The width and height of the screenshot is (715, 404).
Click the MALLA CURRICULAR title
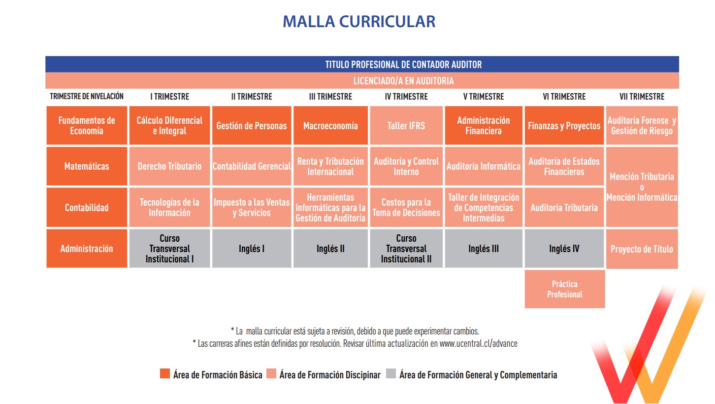coord(359,22)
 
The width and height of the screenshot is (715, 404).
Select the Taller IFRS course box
coord(406,125)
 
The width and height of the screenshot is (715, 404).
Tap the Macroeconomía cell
coord(330,125)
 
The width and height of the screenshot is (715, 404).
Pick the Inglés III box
coord(484,248)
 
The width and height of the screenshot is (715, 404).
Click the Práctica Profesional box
coord(565,289)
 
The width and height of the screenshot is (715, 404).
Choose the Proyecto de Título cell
coord(642,249)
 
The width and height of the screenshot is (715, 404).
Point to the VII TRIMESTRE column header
coord(642,97)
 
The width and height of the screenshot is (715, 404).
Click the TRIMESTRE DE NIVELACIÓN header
coord(87,96)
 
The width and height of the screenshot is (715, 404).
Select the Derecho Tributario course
coord(169,166)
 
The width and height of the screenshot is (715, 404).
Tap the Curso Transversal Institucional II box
coord(406,248)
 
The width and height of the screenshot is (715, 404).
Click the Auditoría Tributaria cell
coord(564,207)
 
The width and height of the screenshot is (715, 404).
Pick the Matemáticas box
coord(87,166)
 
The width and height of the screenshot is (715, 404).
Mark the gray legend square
coord(390,373)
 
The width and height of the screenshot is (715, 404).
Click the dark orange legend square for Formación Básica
coord(164,373)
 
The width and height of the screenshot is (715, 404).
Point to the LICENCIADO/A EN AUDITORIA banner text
coord(403,80)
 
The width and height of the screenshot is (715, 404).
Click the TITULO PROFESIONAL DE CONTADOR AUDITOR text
coord(403,65)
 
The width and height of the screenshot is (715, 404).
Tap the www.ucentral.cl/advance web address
coord(479,343)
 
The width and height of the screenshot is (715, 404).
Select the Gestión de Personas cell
coord(252,125)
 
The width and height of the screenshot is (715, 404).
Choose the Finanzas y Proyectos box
coord(564,125)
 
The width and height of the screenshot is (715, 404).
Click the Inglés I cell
coord(252,248)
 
